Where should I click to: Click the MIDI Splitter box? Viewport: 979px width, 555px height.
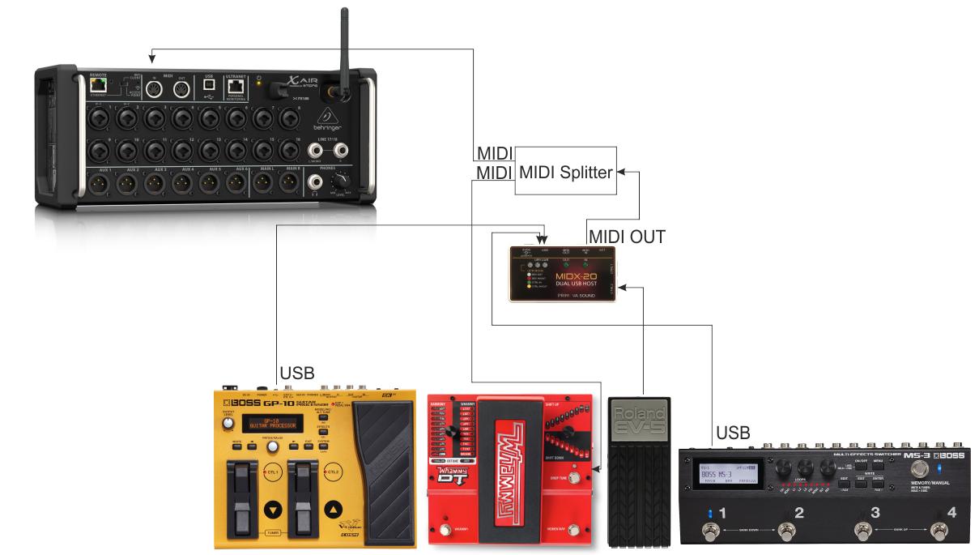(x=565, y=171)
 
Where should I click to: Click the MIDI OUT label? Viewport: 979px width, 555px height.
(x=627, y=237)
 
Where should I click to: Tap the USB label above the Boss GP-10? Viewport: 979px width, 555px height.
(x=297, y=374)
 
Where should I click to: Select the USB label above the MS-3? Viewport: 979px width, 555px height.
(x=733, y=432)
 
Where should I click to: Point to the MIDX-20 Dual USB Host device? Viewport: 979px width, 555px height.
(x=563, y=273)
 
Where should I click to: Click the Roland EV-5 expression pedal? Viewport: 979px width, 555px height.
(x=640, y=470)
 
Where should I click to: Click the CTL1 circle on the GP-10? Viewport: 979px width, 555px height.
(x=273, y=471)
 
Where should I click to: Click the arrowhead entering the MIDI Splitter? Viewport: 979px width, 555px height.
(x=621, y=171)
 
